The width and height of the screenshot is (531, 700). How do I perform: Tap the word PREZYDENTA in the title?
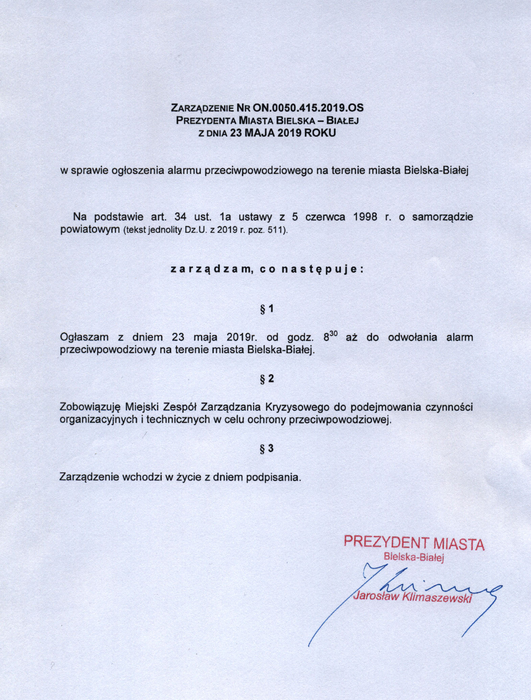(x=206, y=120)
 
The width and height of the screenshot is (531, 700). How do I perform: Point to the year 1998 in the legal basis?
(x=365, y=217)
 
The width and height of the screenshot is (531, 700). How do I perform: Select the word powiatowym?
(x=90, y=229)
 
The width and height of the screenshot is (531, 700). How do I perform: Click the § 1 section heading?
(x=267, y=309)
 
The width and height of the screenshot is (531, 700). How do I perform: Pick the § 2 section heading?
(x=267, y=379)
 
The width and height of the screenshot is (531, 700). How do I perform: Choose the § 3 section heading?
(x=267, y=449)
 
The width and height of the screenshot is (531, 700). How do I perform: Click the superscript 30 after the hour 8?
(x=333, y=334)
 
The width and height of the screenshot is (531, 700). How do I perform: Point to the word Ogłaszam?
(x=84, y=337)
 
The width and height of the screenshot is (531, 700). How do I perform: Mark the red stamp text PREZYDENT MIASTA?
(x=414, y=543)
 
